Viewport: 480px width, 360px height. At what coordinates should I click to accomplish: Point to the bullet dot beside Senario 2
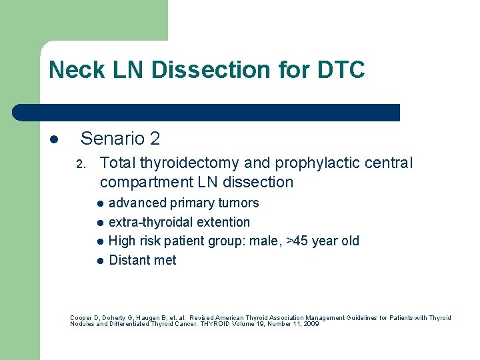[54, 139]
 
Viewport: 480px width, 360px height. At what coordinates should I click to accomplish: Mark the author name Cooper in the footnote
[81, 318]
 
